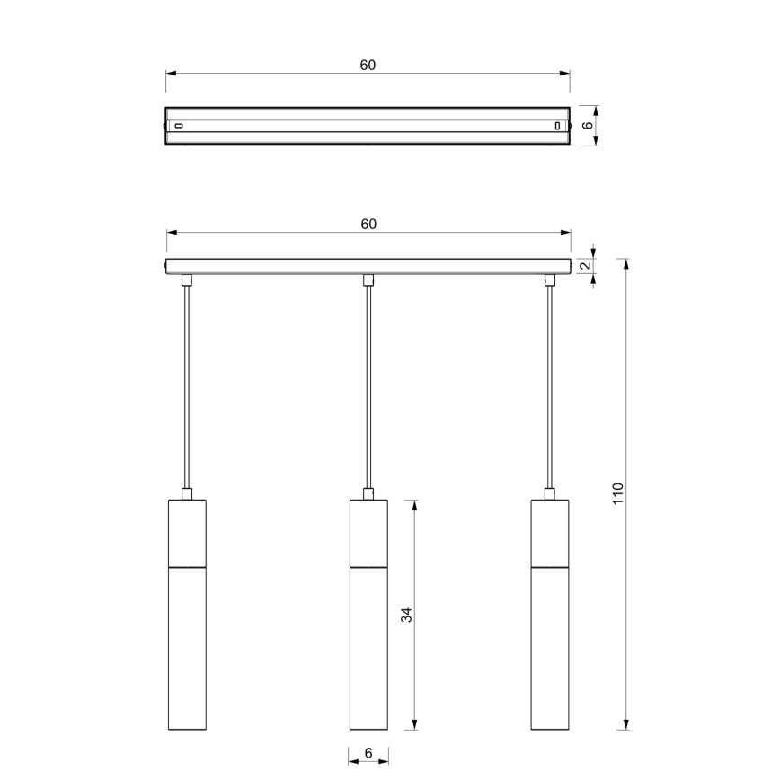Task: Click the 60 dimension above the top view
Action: coord(368,65)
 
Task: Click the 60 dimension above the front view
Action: coord(368,224)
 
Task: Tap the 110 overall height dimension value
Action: coord(617,493)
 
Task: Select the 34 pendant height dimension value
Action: coord(405,615)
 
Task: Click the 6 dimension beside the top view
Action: coord(588,126)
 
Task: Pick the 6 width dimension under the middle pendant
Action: coord(368,753)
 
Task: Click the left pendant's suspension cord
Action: coord(187,386)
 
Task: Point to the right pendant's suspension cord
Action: coord(549,386)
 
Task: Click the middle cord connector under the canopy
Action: coord(368,280)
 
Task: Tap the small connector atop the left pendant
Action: coord(187,493)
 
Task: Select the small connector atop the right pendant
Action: coord(549,493)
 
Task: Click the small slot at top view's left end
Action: coord(178,126)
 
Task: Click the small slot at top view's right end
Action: coord(557,126)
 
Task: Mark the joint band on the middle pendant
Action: coord(368,568)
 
